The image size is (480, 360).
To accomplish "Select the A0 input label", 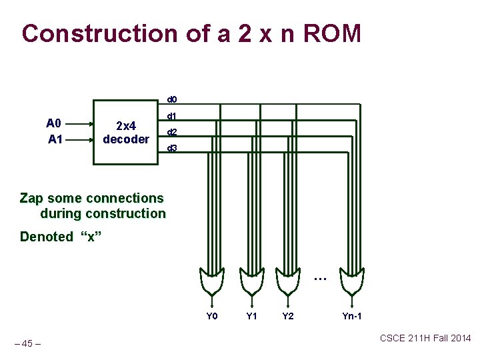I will pyautogui.click(x=53, y=123).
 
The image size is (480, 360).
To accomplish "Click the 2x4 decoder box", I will pyautogui.click(x=125, y=131).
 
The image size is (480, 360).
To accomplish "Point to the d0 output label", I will pyautogui.click(x=171, y=99).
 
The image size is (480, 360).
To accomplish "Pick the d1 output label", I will pyautogui.click(x=171, y=116).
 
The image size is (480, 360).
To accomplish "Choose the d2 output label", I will pyautogui.click(x=171, y=132).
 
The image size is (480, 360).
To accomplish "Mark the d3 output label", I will pyautogui.click(x=171, y=148).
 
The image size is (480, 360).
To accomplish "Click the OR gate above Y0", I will pyautogui.click(x=212, y=281).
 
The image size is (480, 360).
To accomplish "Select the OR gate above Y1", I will pyautogui.click(x=251, y=281).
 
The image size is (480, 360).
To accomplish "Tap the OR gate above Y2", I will pyautogui.click(x=287, y=281).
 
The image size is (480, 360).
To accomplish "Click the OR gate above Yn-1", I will pyautogui.click(x=351, y=281).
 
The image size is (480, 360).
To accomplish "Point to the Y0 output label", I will pyautogui.click(x=212, y=316).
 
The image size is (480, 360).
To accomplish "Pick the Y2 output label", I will pyautogui.click(x=287, y=316).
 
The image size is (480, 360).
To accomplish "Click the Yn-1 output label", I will pyautogui.click(x=352, y=316).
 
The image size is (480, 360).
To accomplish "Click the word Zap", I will pyautogui.click(x=32, y=198).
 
